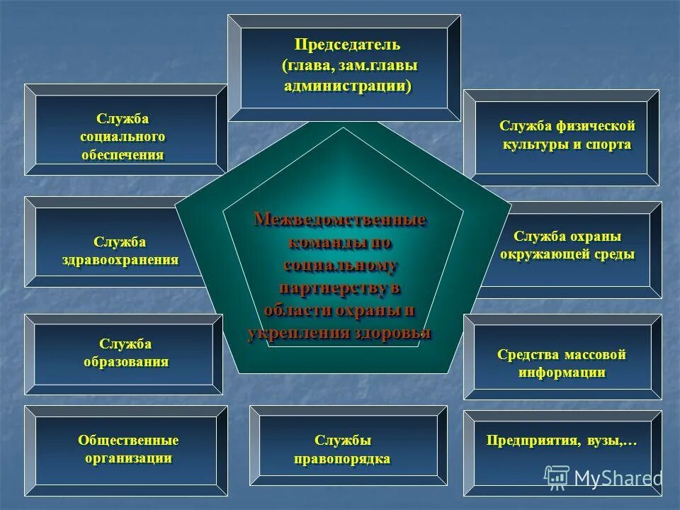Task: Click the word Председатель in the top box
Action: (x=348, y=45)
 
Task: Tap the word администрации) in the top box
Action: (x=348, y=86)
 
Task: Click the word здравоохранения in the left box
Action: (x=119, y=259)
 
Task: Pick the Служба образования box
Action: (x=125, y=353)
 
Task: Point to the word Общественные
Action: (x=128, y=441)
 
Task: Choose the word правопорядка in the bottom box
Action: (x=342, y=459)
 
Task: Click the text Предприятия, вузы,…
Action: (x=562, y=441)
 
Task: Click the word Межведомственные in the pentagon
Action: (x=340, y=220)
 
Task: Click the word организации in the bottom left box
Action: (x=128, y=458)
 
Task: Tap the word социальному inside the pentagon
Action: (x=341, y=266)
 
